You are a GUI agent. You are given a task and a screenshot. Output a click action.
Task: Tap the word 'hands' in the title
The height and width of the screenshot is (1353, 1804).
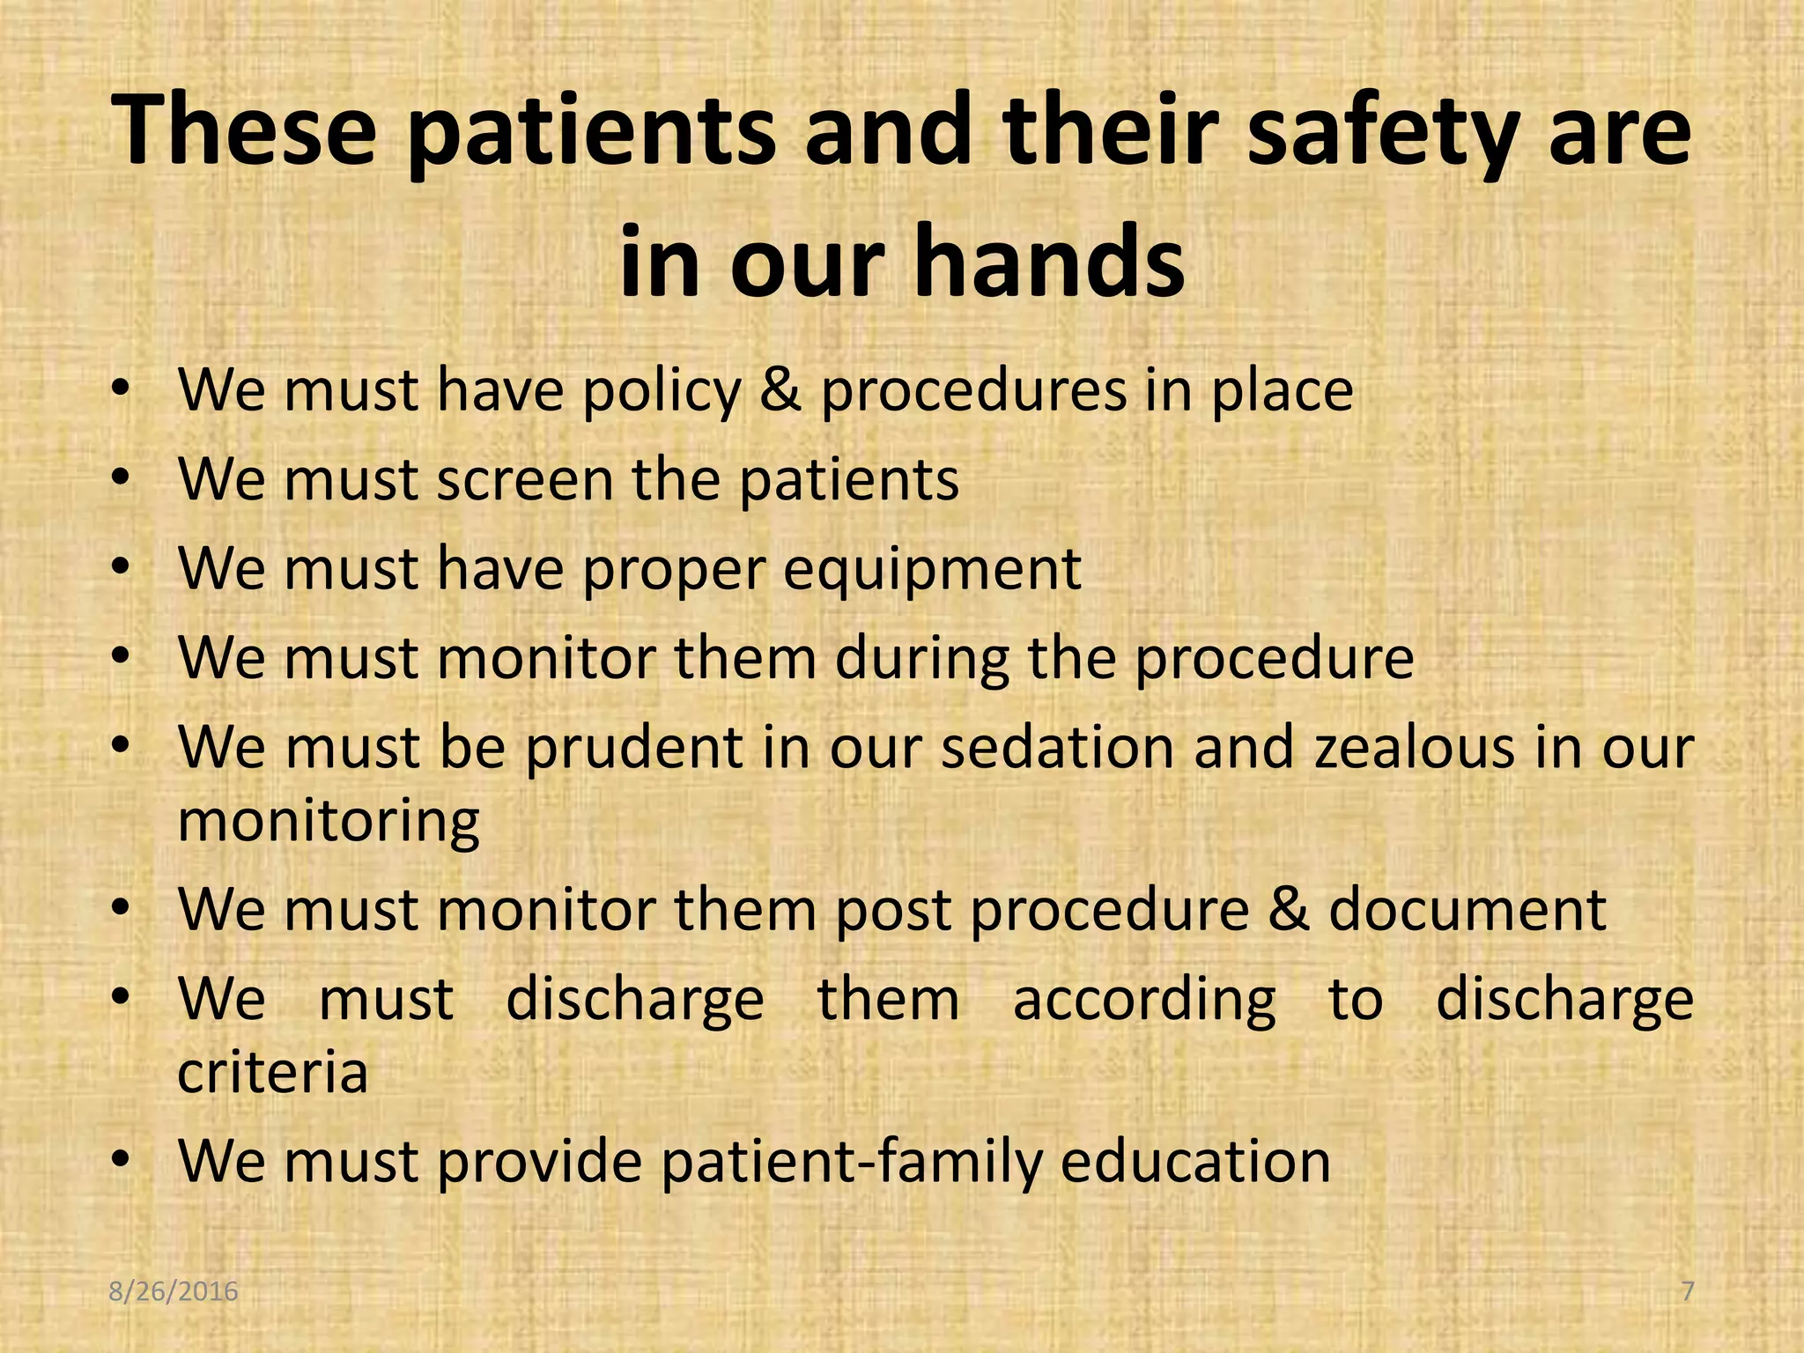coord(1047,262)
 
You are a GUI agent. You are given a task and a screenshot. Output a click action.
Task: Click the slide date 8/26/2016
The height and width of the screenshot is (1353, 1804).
coord(174,1291)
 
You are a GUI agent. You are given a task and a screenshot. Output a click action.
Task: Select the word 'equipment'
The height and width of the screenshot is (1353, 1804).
coord(932,570)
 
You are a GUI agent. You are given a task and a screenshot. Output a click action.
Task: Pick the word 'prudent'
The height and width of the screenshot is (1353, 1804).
coord(635,748)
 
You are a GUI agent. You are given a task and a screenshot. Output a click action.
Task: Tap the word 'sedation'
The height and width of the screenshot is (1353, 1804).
coord(1058,748)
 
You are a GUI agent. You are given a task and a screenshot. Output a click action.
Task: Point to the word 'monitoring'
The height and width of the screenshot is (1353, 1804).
coord(329,822)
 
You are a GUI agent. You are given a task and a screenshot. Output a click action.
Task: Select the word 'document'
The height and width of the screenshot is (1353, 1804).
coord(1468,910)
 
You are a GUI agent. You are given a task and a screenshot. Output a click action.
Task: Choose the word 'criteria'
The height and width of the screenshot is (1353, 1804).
coord(273,1073)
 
